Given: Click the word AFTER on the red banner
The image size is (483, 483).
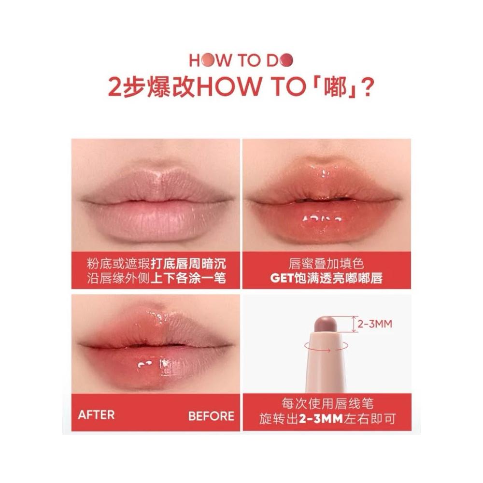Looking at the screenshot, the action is pos(96,414).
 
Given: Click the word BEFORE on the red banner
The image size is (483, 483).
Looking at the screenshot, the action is pos(212,416).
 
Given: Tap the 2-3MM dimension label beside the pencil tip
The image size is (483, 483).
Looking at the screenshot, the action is pos(375,324).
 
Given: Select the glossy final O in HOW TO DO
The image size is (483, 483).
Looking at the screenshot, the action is pos(286,60).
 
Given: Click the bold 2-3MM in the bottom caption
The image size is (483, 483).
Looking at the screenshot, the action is pos(321,419).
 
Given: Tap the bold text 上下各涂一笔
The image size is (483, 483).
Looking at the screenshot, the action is pos(188,278).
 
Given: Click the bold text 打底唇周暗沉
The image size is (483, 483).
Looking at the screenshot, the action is pos(188,264).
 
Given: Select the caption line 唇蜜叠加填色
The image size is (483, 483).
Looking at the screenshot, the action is pos(327,264).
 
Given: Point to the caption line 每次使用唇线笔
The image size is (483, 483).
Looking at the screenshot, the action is pos(327,404).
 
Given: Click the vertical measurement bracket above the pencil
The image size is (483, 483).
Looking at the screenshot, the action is pos(354,324).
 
